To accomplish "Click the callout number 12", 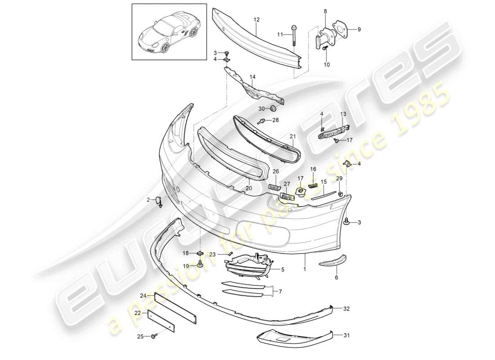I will pos(256,20).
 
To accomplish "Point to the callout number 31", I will pos(346,335).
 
